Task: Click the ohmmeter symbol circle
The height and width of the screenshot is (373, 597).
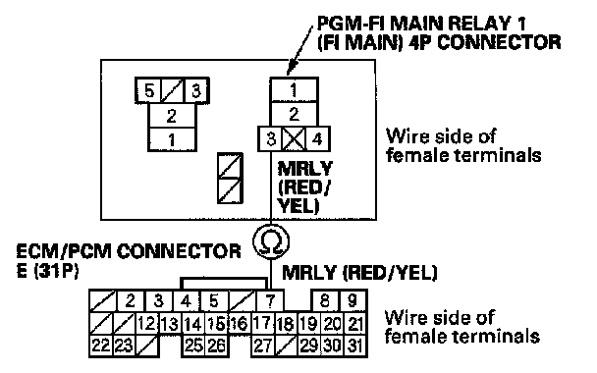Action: [x=271, y=241]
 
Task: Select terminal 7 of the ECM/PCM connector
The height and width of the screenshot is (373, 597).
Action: [x=270, y=301]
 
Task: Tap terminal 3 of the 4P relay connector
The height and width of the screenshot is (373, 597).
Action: [x=270, y=139]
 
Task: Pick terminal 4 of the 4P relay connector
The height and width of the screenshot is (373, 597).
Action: [x=317, y=139]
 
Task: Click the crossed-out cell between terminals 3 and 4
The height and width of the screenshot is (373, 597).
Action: [x=294, y=139]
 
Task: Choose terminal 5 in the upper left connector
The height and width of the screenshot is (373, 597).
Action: [x=148, y=90]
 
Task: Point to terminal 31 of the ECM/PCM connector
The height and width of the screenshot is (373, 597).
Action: [x=355, y=346]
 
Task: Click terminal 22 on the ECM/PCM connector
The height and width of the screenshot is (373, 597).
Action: [x=101, y=346]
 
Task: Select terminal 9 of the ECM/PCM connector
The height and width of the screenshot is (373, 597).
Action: [x=353, y=301]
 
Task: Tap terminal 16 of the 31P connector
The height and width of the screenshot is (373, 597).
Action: [x=240, y=323]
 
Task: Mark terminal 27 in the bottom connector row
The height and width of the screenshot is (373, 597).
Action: [x=262, y=346]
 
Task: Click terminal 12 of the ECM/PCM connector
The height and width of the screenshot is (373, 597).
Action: [x=147, y=323]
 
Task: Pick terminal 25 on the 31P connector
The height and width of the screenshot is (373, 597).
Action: [x=193, y=346]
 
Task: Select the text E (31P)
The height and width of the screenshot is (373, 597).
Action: [x=47, y=271]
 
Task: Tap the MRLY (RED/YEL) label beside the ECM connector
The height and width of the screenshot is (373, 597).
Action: [x=359, y=273]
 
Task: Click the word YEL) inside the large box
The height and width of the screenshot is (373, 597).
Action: [x=298, y=206]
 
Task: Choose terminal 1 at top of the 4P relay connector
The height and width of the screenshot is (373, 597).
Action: [x=294, y=90]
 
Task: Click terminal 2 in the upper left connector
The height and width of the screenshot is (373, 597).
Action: [x=172, y=115]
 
